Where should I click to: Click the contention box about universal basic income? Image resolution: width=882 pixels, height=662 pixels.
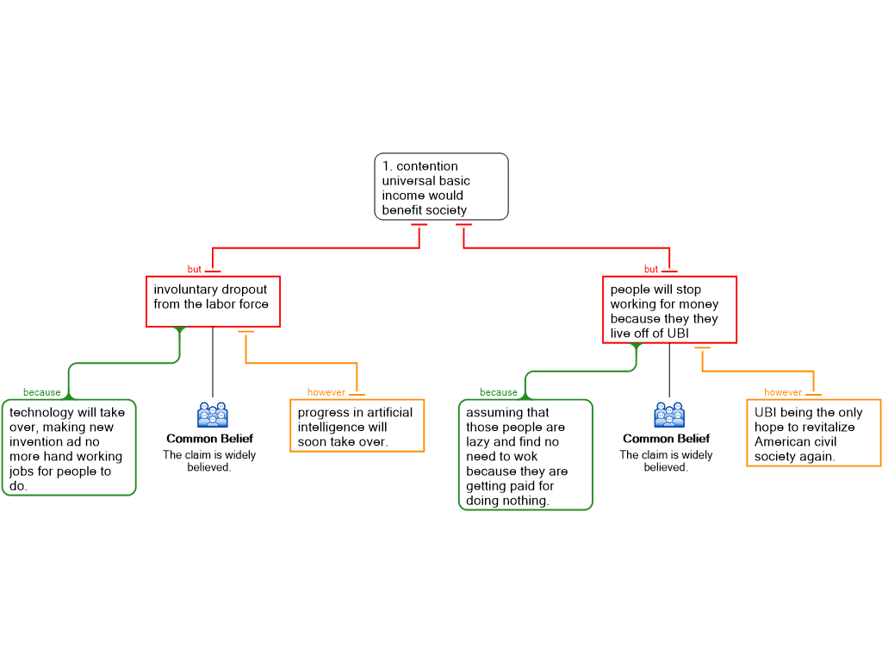441,186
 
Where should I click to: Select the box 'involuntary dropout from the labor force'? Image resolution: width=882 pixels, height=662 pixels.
213,301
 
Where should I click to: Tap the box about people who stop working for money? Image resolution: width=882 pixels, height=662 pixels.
669,309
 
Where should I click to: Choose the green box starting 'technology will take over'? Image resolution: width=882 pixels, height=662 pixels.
68,447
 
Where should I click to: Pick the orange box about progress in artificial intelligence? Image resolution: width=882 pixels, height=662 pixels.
357,426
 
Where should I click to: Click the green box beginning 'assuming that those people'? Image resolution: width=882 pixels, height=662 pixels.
525,454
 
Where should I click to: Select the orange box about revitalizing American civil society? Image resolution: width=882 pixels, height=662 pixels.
813,433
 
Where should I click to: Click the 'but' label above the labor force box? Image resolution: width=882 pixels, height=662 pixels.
195,270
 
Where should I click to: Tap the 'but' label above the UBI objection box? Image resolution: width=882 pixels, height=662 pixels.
651,270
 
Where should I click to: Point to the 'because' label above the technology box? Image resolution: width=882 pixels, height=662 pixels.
41,392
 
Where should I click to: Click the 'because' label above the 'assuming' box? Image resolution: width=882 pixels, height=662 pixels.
498,392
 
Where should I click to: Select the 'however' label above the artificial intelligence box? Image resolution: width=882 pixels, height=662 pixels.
326,392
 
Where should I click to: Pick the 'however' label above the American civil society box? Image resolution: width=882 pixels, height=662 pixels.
782,392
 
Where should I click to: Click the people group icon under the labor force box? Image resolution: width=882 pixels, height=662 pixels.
213,415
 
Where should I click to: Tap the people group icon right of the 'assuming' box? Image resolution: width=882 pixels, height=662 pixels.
669,415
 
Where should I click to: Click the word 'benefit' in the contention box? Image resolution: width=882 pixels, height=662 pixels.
402,210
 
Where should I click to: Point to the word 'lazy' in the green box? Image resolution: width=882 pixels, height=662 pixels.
479,442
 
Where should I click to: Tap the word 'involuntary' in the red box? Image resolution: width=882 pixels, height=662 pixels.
184,290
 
